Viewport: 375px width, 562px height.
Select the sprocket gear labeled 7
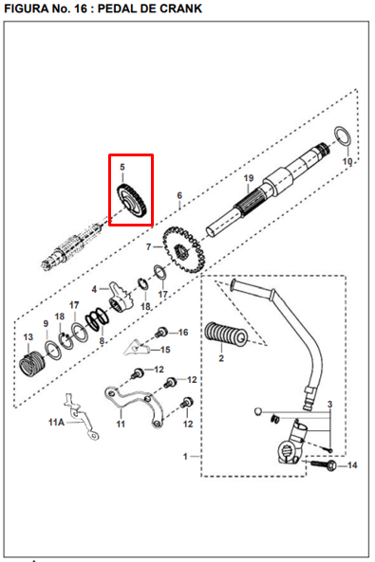click(x=181, y=249)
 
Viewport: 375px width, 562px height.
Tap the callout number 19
click(x=249, y=178)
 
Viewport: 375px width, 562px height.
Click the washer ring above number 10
click(x=342, y=136)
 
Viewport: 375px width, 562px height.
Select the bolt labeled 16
click(x=161, y=333)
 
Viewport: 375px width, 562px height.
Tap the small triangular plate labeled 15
click(x=136, y=347)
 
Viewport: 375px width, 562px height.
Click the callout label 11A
click(x=56, y=423)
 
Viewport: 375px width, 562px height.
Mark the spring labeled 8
click(x=97, y=318)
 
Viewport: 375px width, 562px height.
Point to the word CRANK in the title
click(x=178, y=9)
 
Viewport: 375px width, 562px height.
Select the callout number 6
click(x=179, y=195)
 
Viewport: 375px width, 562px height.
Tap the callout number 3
click(x=329, y=405)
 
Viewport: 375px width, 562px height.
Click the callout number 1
click(x=185, y=456)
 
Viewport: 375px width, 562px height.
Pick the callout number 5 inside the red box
click(x=122, y=167)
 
